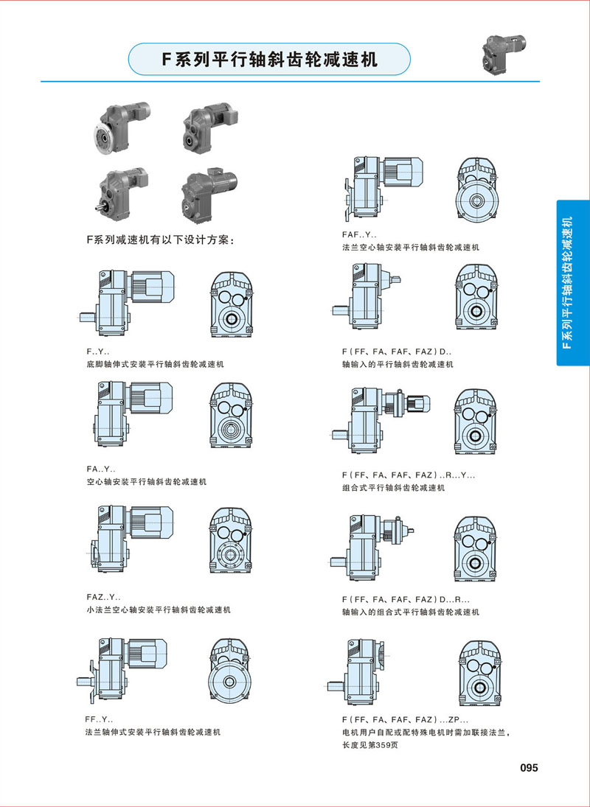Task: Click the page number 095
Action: [x=528, y=768]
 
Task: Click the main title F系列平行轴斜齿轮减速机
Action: [x=270, y=60]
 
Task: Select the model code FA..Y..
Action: [x=101, y=469]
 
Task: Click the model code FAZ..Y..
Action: [x=104, y=598]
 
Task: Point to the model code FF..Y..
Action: [x=99, y=720]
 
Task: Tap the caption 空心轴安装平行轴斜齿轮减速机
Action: [x=146, y=482]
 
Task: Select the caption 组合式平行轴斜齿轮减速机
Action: [x=393, y=488]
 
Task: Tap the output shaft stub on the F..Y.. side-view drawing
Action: [x=87, y=317]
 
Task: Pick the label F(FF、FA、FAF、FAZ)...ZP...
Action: [x=406, y=720]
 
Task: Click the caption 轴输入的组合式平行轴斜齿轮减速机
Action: [x=411, y=612]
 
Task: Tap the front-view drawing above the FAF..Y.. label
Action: [x=477, y=189]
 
